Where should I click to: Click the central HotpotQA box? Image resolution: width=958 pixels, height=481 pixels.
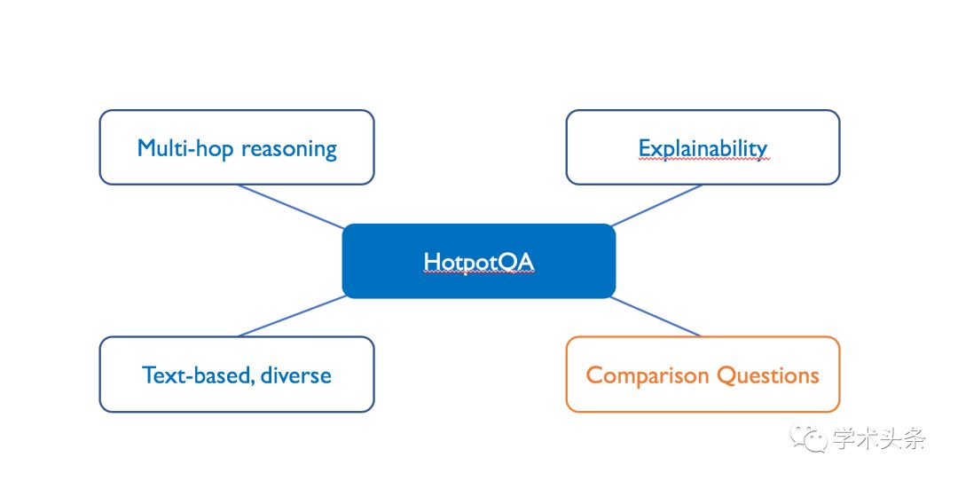tap(478, 261)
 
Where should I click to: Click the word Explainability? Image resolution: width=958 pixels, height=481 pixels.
tap(703, 148)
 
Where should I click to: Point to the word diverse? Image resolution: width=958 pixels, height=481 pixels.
tap(296, 375)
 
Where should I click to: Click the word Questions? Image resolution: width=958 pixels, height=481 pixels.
tap(768, 375)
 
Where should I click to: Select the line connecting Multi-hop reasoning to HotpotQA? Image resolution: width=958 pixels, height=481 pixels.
tap(291, 207)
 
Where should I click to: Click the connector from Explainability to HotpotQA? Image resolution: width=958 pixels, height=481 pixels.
tap(656, 205)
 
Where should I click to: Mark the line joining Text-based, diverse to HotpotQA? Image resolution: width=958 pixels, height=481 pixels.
tap(293, 316)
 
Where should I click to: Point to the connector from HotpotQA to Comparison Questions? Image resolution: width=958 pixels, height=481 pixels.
tap(655, 317)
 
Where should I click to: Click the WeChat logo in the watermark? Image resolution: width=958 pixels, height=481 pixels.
tap(808, 437)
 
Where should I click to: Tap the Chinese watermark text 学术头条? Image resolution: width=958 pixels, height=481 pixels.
tap(879, 438)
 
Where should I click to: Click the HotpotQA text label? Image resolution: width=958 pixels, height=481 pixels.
tap(478, 262)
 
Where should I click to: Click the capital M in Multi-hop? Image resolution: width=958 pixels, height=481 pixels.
tap(147, 148)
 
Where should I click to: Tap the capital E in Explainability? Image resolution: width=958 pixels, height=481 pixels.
tap(645, 148)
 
